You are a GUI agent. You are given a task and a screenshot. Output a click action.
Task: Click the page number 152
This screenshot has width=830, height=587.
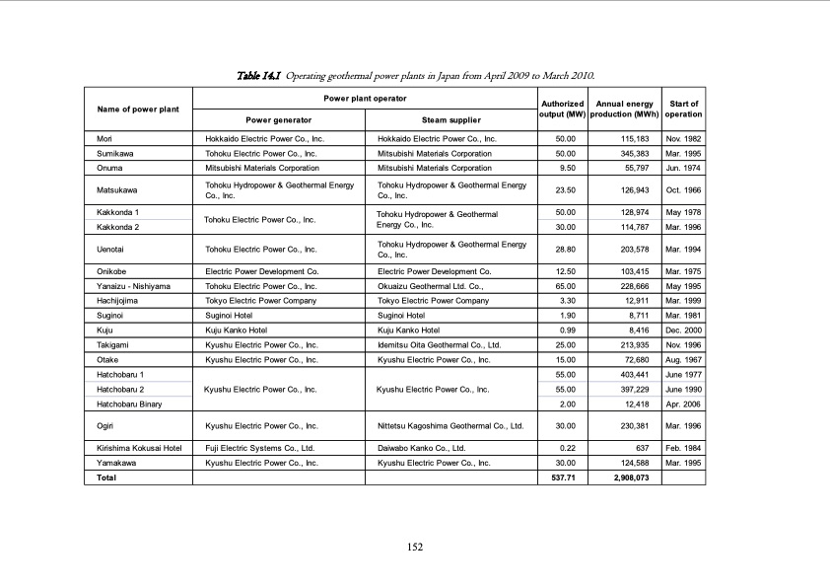[x=415, y=549]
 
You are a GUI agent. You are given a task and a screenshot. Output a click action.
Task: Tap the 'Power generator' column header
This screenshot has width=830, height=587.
[x=279, y=120]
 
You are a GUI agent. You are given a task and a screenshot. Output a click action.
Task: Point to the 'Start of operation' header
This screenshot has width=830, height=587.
[x=683, y=109]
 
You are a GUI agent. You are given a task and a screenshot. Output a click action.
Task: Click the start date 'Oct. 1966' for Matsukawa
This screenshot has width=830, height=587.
[x=683, y=189]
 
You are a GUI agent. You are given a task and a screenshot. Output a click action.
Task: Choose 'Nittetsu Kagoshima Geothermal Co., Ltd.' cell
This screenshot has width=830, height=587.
[x=450, y=426]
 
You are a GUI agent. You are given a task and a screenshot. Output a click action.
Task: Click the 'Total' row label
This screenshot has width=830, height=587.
[x=106, y=477]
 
